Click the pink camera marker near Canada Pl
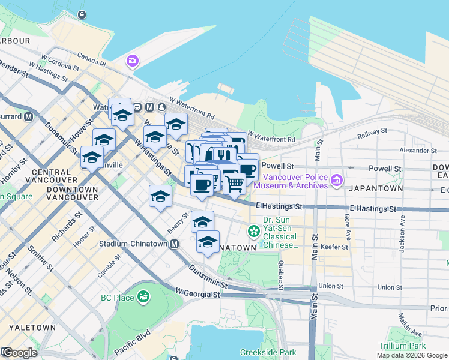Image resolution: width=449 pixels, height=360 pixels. click(x=132, y=61)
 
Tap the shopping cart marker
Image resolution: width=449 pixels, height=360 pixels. click(x=234, y=182)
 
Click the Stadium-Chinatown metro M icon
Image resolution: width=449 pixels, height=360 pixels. click(x=174, y=244)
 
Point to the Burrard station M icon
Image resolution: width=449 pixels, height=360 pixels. click(x=28, y=116)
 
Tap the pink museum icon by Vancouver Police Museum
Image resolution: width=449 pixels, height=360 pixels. click(x=336, y=179)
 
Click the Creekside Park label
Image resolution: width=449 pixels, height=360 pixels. click(x=268, y=352)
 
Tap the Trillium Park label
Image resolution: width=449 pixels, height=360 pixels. click(x=402, y=346)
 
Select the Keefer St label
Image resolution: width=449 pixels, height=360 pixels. click(x=336, y=247)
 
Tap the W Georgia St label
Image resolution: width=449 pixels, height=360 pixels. click(x=198, y=293)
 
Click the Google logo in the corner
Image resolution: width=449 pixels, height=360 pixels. click(x=19, y=353)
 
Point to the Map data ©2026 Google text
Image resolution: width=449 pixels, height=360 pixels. click(x=411, y=355)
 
